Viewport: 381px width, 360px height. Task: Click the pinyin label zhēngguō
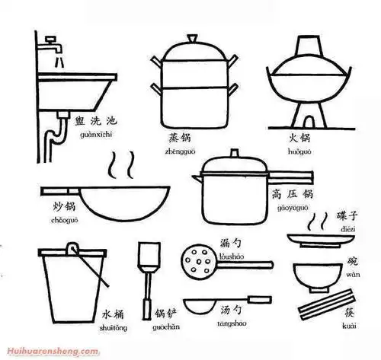click(181, 151)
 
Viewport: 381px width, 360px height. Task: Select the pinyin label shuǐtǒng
click(114, 330)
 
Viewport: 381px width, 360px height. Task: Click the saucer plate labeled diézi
click(315, 241)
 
